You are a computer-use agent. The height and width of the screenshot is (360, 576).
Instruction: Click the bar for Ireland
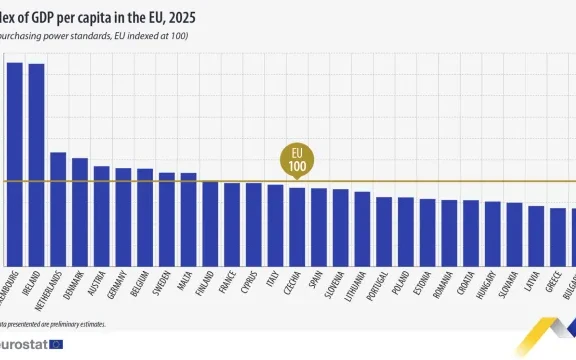[x=36, y=164]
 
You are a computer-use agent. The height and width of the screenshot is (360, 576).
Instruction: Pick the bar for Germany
[x=123, y=216]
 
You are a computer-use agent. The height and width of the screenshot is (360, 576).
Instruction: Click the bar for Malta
[x=188, y=218]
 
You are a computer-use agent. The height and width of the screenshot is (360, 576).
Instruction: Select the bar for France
[x=232, y=223]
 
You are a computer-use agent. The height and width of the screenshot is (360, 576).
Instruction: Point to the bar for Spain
[x=319, y=226]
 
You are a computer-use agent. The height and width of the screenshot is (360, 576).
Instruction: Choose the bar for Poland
[x=406, y=230]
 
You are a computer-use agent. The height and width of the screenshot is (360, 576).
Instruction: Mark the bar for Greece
[x=558, y=236]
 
